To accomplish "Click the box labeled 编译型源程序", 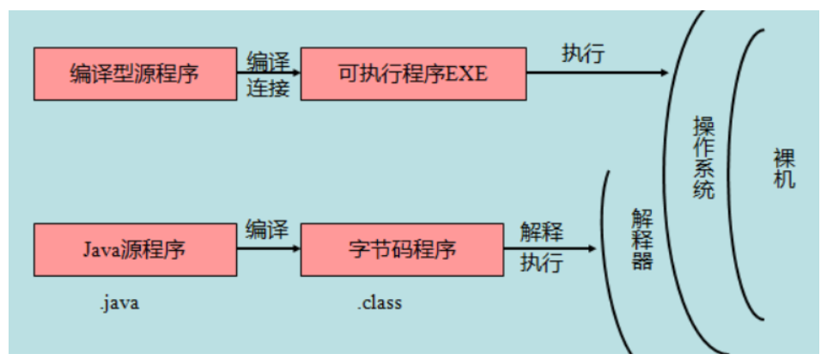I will [134, 73].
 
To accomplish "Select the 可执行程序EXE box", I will [413, 73].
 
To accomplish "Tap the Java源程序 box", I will [134, 250].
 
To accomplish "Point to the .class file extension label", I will [380, 303].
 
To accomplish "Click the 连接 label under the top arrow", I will [268, 88].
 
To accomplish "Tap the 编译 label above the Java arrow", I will [268, 229].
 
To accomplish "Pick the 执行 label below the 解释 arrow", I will [542, 263].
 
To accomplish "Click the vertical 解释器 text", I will [642, 239].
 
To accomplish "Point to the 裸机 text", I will [783, 168].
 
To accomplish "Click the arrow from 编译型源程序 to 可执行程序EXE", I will [268, 73].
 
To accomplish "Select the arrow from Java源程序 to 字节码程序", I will [268, 249].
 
